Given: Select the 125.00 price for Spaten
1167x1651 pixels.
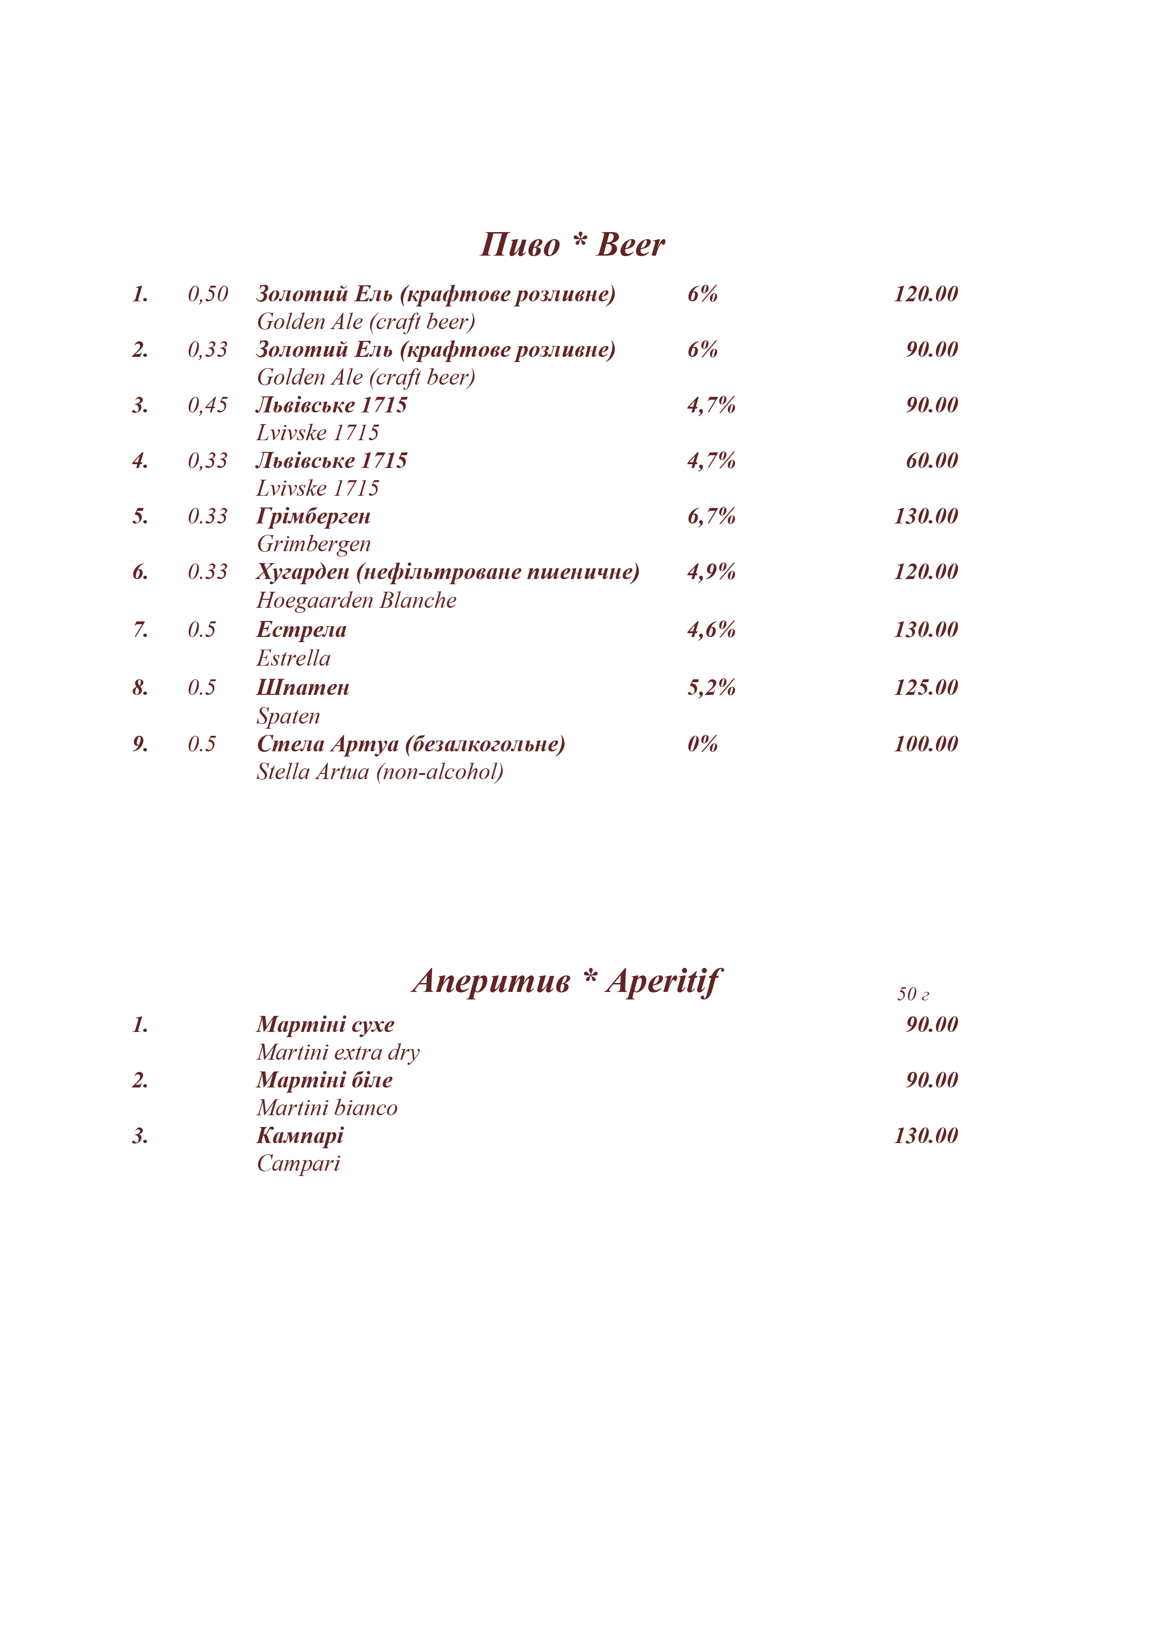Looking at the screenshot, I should pos(926,687).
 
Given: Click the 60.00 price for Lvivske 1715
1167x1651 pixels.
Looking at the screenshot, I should pos(931,460).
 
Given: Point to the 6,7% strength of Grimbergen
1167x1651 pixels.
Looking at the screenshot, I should pos(711,516).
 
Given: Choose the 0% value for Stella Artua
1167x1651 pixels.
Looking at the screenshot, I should pos(702,743).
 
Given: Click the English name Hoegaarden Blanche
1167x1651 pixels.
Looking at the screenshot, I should pos(356,600).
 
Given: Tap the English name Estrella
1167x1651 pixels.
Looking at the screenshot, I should pos(293,658).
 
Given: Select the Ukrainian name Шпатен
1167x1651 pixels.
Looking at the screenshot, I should pos(303,687).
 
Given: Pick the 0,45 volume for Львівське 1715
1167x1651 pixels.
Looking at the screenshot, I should pos(208,405).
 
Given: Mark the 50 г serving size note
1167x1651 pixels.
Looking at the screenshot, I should pos(912,994).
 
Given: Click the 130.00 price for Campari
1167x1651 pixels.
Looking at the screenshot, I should pos(926,1136).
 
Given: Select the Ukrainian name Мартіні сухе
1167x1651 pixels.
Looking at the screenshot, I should pos(326,1025).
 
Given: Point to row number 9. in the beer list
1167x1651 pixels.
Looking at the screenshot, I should pos(140,743).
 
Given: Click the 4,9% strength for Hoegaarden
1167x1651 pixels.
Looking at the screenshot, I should pos(711,572).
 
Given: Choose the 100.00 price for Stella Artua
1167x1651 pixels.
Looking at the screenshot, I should pos(926,743).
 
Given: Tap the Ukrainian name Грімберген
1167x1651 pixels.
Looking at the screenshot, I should pos(313,516).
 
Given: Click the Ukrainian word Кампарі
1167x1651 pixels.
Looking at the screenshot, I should pos(300,1136).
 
